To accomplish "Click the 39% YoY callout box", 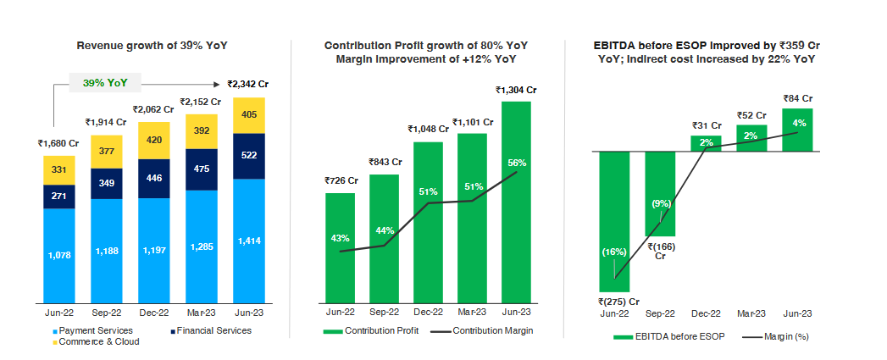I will click(105, 83).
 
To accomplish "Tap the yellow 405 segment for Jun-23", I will click(249, 114).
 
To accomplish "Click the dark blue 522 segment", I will click(249, 156).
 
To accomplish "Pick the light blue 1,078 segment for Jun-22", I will click(59, 255).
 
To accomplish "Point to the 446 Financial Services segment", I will click(154, 179).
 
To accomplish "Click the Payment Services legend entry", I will click(93, 330).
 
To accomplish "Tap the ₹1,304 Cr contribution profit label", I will click(516, 90).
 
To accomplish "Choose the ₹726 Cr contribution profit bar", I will click(340, 246).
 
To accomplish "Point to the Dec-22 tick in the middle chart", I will click(428, 312).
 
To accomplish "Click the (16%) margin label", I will click(614, 252).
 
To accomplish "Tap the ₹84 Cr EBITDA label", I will click(797, 98).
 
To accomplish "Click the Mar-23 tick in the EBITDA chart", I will click(751, 312).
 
